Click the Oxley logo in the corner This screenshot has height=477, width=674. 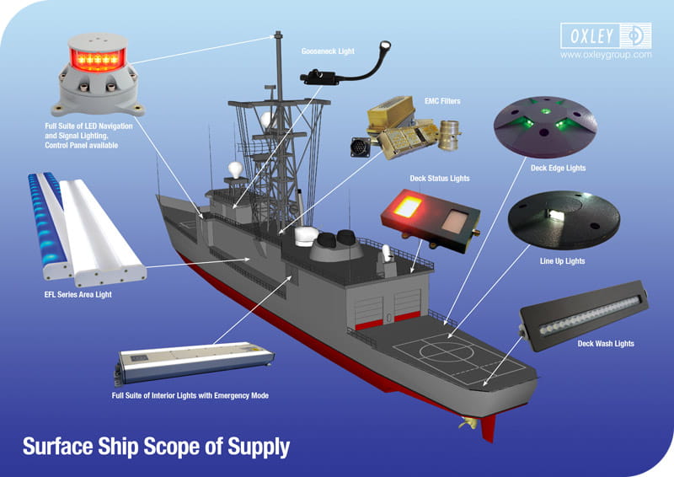pos(606,35)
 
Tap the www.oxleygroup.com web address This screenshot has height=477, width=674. pos(606,55)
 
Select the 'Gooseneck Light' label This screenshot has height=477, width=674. pos(328,51)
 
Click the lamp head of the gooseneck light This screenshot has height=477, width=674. pos(384,46)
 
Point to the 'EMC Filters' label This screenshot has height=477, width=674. pos(442,101)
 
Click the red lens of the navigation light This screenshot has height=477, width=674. pos(98,59)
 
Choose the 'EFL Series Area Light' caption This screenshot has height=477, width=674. pos(78,295)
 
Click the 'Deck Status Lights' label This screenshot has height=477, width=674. pos(440,178)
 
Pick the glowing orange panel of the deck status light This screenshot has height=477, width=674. pos(408,206)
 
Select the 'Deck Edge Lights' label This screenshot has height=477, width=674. pos(558,169)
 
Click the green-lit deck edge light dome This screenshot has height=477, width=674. pos(545,126)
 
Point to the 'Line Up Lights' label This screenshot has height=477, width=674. pos(562,261)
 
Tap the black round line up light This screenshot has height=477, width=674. pos(564,220)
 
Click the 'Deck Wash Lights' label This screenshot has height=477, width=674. pos(606,344)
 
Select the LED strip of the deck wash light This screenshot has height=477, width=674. pos(590,316)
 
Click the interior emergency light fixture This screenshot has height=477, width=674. pos(195,362)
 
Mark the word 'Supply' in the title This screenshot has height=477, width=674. pos(259,448)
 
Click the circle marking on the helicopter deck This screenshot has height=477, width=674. pos(447,351)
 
